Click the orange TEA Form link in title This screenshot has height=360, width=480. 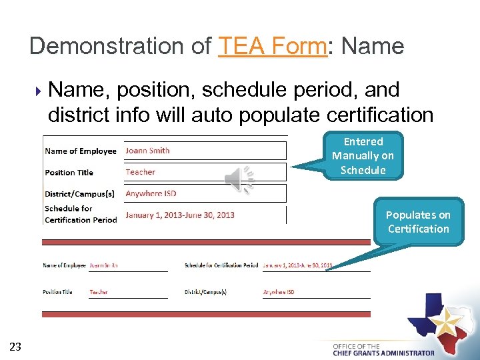point(273,46)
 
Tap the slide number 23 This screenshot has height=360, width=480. point(16,346)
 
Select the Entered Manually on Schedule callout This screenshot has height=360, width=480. point(363,156)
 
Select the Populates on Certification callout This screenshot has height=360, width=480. point(418,222)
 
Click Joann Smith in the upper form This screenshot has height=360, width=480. point(147,151)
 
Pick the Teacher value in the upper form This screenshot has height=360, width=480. point(140,172)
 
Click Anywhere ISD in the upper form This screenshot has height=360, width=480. point(151,193)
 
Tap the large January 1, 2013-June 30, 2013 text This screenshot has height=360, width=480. point(180,215)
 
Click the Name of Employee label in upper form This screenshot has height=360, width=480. point(81,151)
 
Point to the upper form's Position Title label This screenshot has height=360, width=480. point(69,173)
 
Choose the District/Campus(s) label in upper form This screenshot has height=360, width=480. point(79,194)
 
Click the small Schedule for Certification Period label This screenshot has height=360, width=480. point(221,265)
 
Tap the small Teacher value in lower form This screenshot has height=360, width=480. point(99,292)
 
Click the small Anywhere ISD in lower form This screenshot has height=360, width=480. point(279,292)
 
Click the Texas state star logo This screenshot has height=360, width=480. point(441,323)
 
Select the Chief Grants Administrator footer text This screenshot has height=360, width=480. point(383,353)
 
